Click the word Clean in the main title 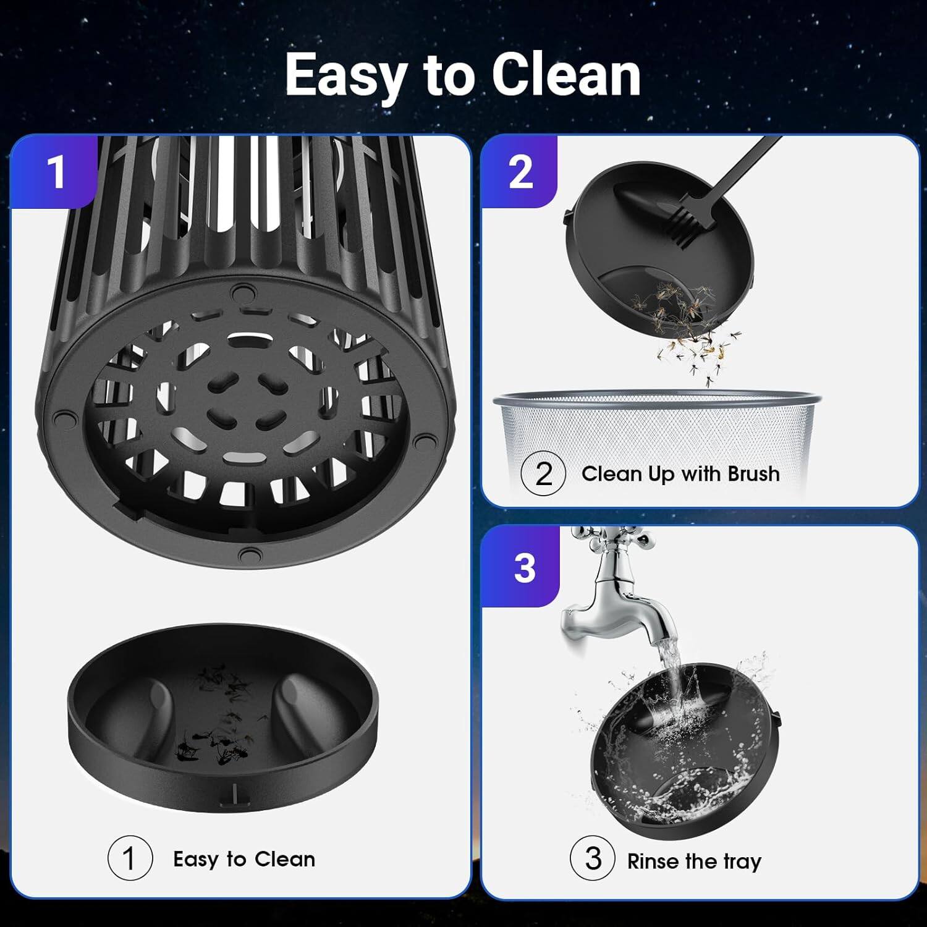click(x=565, y=75)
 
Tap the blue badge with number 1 click(x=56, y=172)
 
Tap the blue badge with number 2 click(x=520, y=172)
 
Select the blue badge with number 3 click(x=523, y=567)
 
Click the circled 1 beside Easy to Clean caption click(x=129, y=858)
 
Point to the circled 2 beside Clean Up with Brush click(x=543, y=473)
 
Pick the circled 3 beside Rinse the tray click(x=593, y=858)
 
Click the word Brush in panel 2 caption click(x=753, y=473)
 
